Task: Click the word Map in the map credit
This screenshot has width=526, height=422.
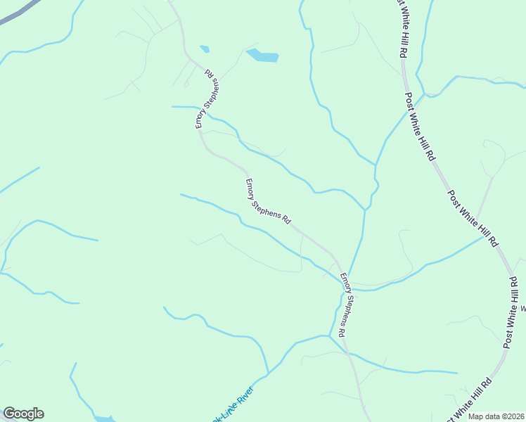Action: [x=477, y=416]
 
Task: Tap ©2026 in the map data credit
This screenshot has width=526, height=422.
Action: [x=514, y=416]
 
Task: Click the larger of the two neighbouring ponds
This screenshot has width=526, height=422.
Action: [x=262, y=56]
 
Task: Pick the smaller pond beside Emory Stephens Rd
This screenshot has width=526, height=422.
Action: [x=205, y=49]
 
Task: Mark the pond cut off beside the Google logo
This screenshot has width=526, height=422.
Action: [x=104, y=418]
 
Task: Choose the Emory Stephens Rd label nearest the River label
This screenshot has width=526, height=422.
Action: [x=345, y=303]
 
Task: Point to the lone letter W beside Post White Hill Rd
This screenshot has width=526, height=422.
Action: [x=522, y=307]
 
